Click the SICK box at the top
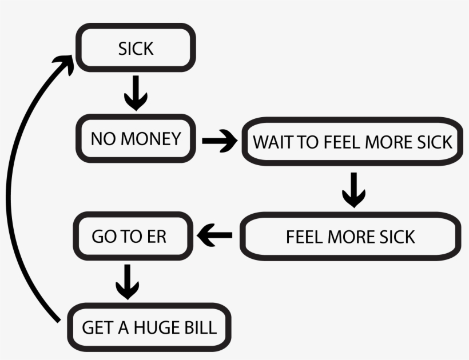[136, 49]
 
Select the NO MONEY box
[136, 139]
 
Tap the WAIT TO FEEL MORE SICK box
[353, 142]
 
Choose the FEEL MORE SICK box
[351, 237]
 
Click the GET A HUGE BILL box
[149, 327]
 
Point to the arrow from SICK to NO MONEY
[136, 94]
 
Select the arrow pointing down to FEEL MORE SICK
[353, 190]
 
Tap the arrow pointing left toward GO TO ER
[214, 235]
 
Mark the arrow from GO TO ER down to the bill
[128, 281]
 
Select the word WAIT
[272, 142]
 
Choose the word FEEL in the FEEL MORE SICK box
[305, 237]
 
